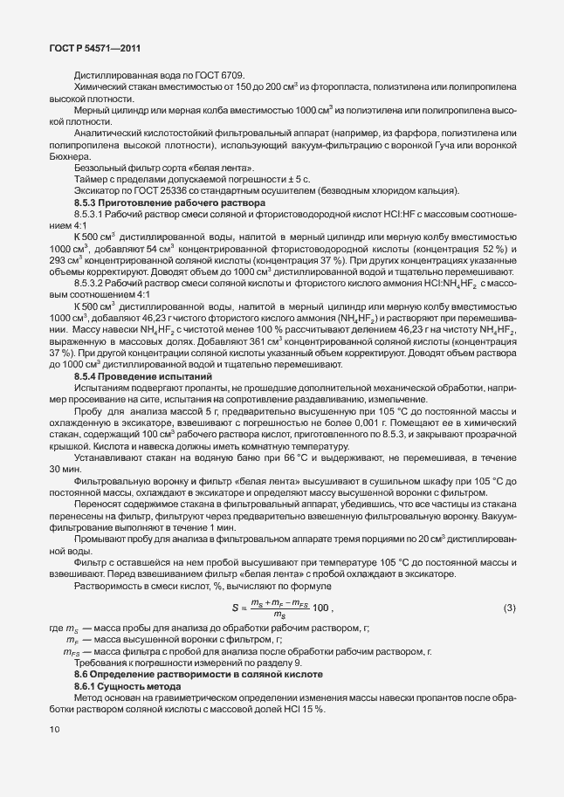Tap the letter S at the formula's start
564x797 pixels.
pos(234,608)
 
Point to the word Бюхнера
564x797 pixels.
pos(71,155)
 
